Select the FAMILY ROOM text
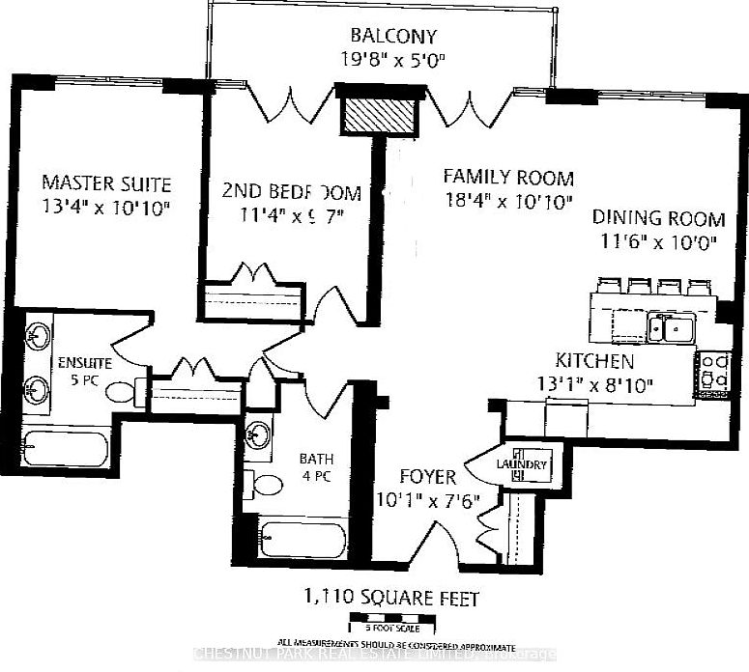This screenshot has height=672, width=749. pos(508,178)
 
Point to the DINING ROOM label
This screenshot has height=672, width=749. pos(656,216)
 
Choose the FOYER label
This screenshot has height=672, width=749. pos(428,477)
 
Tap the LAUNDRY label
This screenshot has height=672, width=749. pos(522,465)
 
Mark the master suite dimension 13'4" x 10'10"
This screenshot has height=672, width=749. pos(106,207)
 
